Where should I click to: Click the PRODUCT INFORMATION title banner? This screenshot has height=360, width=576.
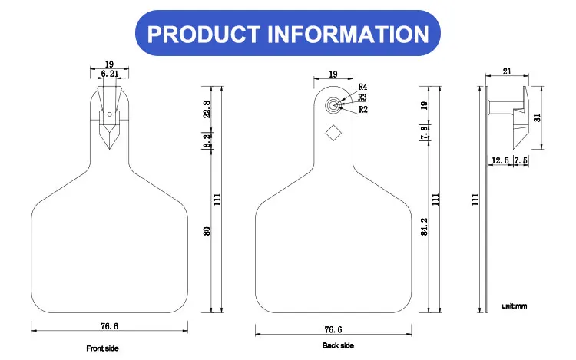[x=288, y=34]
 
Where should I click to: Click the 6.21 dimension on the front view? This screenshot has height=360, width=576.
[x=110, y=74]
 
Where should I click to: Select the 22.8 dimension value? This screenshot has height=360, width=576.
[x=207, y=109]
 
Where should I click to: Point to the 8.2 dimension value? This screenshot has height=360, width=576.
[x=207, y=140]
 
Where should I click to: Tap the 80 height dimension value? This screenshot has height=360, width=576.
[x=207, y=231]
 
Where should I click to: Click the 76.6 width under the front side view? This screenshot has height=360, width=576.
[x=110, y=326]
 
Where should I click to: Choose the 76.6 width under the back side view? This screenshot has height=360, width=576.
[x=333, y=329]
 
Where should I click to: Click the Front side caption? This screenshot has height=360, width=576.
[x=102, y=348]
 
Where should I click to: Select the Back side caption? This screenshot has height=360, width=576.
[x=338, y=345]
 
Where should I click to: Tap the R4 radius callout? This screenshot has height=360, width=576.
[x=362, y=87]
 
